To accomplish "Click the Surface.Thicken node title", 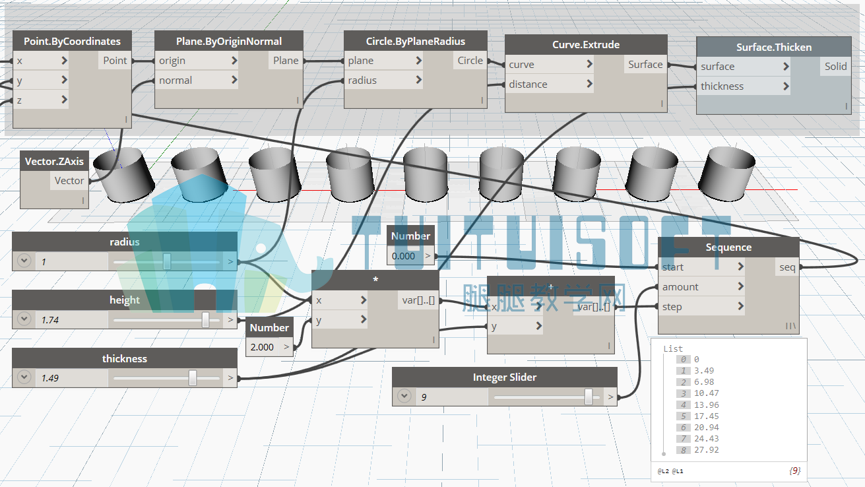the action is point(774,47).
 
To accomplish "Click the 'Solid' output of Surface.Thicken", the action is point(836,67).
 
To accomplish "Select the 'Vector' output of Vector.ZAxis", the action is point(69,181).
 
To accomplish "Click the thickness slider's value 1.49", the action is point(50,378).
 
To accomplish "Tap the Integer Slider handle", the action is point(588,397).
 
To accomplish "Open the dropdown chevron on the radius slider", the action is point(24,261).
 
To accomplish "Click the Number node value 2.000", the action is point(262,347).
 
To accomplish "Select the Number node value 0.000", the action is point(403,255).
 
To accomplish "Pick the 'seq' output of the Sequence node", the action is point(787,267).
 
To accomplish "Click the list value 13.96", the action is point(706,405).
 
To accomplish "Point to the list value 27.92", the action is point(706,450).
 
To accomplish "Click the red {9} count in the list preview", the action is point(794,471).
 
